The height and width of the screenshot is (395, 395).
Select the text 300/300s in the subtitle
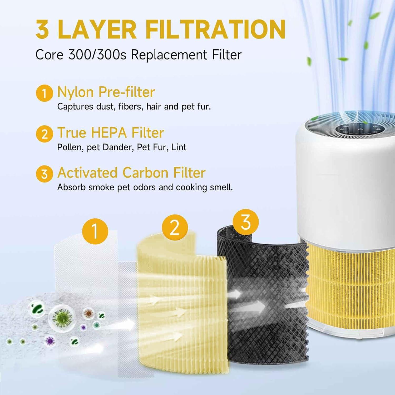pyautogui.click(x=97, y=55)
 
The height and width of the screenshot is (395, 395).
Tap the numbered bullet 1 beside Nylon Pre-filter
pyautogui.click(x=44, y=93)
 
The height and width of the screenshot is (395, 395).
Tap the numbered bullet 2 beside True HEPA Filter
pyautogui.click(x=44, y=134)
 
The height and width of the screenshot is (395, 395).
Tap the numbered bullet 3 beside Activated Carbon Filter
pyautogui.click(x=44, y=174)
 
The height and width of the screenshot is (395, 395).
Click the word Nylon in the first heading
pyautogui.click(x=75, y=92)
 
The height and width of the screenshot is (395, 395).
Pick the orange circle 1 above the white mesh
pyautogui.click(x=95, y=231)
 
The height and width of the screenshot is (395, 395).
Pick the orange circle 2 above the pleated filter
pyautogui.click(x=175, y=227)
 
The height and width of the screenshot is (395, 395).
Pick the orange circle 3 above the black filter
pyautogui.click(x=246, y=222)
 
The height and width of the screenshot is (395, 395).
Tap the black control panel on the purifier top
pyautogui.click(x=359, y=129)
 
